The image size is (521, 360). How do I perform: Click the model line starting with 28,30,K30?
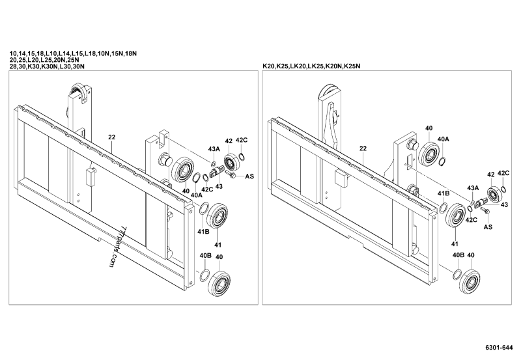[47, 66]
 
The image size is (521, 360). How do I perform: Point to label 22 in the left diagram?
[112, 138]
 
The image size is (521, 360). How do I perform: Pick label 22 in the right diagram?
[362, 148]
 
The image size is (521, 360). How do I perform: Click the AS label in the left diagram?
[249, 176]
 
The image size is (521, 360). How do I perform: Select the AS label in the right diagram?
[488, 228]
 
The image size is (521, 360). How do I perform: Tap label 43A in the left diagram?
[214, 149]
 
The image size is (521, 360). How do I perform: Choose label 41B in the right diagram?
[443, 194]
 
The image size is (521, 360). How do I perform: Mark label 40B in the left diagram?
[204, 255]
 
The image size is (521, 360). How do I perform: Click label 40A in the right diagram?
[443, 139]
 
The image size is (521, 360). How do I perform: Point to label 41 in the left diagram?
[218, 245]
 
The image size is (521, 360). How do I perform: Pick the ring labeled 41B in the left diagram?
[203, 209]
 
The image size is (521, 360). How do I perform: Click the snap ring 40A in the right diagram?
[442, 161]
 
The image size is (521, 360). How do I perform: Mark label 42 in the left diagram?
[229, 141]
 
